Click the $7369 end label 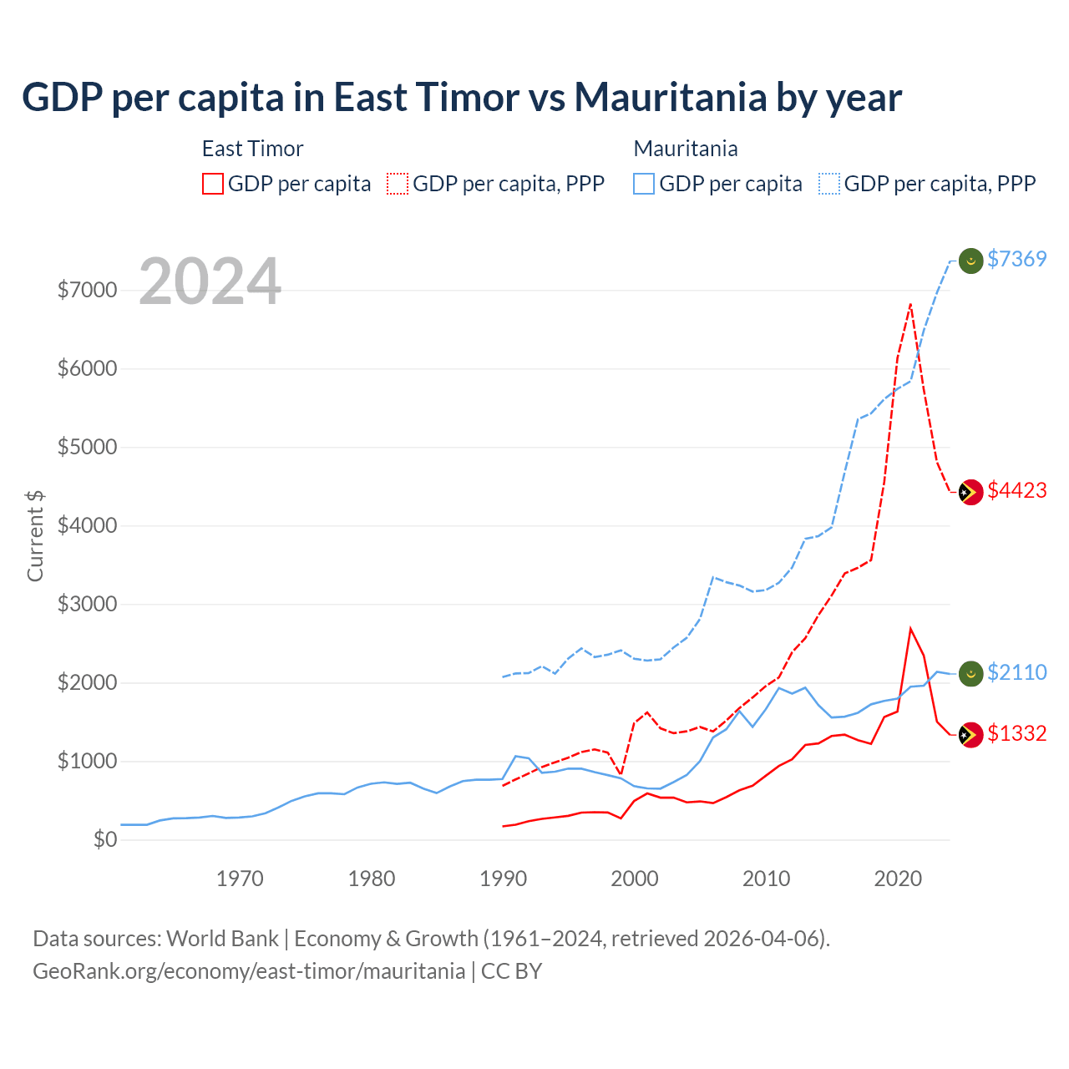coord(1016,259)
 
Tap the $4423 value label coord(1016,490)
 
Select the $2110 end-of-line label coord(1016,672)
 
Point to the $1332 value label coord(1016,733)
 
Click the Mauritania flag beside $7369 coord(970,261)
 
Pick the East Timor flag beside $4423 coord(970,492)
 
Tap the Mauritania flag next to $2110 coord(970,674)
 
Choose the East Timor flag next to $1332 coord(970,735)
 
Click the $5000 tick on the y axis coord(87,447)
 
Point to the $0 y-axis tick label coord(105,839)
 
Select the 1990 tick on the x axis coord(504,879)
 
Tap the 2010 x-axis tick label coord(767,879)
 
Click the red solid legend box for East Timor coord(213,184)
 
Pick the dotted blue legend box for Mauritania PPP coord(829,184)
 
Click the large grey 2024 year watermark coord(210,281)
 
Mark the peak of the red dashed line coord(910,304)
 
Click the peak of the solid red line coord(910,628)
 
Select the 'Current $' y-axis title coord(35,535)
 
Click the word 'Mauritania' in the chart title coord(670,97)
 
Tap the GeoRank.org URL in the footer coord(249,971)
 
